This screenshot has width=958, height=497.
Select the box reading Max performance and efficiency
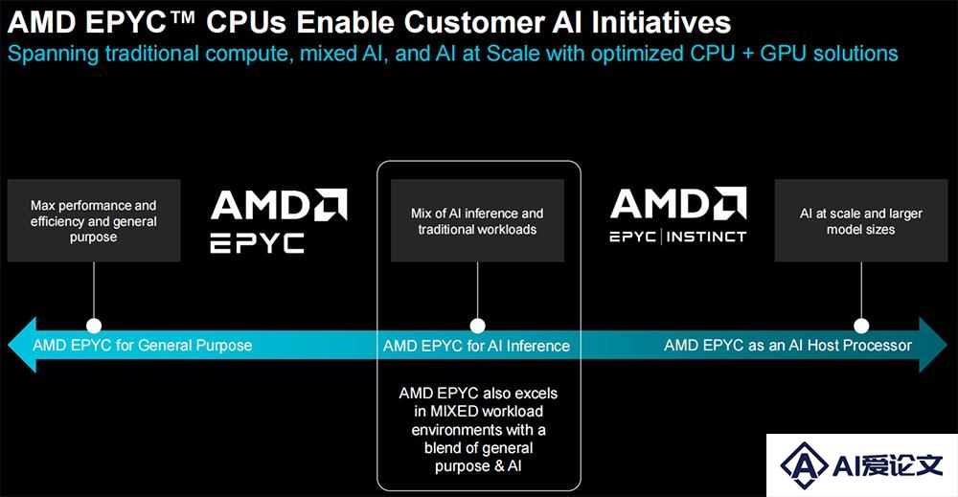94,220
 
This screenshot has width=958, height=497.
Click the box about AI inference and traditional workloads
477,220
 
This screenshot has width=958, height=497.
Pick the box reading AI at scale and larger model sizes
861,220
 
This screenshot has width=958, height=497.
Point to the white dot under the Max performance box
94,326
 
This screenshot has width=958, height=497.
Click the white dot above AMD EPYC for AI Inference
477,326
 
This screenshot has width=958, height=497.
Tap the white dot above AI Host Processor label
861,326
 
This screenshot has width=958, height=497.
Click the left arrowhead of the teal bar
22,345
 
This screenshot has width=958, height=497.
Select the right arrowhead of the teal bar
933,345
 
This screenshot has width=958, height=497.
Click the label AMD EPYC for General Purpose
143,346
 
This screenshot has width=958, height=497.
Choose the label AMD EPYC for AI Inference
476,347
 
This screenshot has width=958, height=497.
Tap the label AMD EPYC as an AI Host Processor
788,346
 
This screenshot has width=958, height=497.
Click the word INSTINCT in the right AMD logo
706,237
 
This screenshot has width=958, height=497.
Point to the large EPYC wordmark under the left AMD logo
257,243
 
